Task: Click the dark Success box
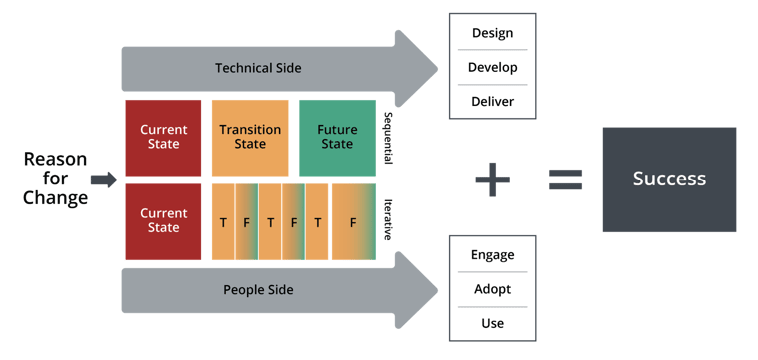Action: [669, 180]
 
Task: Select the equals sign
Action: [567, 180]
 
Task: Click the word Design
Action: [492, 33]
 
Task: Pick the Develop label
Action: [492, 67]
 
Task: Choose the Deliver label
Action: [492, 101]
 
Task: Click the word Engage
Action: [492, 255]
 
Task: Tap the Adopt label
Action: [492, 289]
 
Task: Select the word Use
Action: [492, 323]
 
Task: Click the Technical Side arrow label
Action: [258, 68]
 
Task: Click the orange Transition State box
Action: [250, 137]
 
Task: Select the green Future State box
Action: [337, 137]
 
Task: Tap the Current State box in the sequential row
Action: [164, 137]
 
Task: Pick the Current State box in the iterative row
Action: [164, 220]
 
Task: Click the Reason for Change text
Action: [55, 179]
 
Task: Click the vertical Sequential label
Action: [388, 138]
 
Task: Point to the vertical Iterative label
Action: [388, 219]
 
